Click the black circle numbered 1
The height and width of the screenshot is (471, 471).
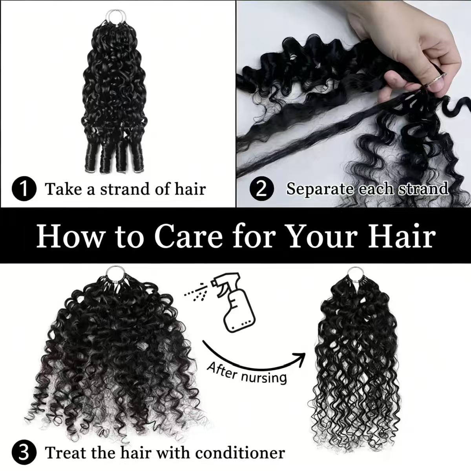tap(24, 188)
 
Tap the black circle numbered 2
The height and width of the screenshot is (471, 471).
tap(262, 188)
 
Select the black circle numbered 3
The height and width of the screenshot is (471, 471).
tap(24, 453)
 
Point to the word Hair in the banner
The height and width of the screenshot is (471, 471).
tap(402, 236)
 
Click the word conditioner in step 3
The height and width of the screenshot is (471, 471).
tap(240, 453)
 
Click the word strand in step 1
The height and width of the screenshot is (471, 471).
tap(125, 189)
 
